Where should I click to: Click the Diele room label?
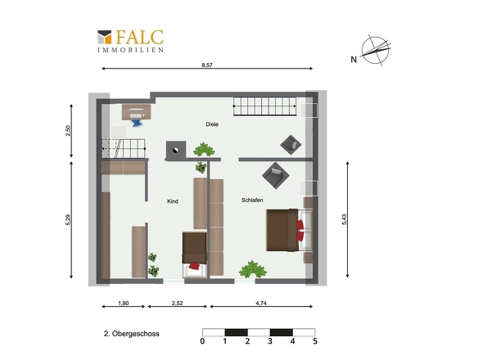(x=212, y=124)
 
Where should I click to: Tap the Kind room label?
(x=173, y=201)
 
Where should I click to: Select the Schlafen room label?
(x=252, y=200)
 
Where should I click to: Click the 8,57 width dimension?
(x=207, y=65)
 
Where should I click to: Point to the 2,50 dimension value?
(x=69, y=130)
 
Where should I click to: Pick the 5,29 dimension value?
(x=69, y=219)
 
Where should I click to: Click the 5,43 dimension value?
(x=345, y=219)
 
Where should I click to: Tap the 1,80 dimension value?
(x=124, y=303)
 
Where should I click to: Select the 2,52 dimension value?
(x=177, y=303)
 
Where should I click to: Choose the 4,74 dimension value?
(x=261, y=303)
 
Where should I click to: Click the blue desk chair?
(x=137, y=123)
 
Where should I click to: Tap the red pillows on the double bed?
(x=300, y=231)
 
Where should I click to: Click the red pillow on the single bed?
(x=194, y=266)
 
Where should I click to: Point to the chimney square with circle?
(x=176, y=151)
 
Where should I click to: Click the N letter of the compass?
(x=354, y=60)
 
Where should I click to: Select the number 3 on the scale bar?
(x=270, y=341)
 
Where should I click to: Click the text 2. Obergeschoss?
(x=132, y=334)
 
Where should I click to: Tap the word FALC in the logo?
(x=139, y=38)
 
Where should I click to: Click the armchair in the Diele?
(x=291, y=145)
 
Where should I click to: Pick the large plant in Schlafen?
(x=253, y=269)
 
